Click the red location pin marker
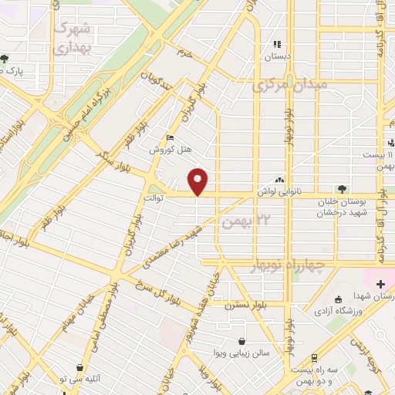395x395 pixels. click(x=198, y=181)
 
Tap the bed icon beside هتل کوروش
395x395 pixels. click(x=170, y=138)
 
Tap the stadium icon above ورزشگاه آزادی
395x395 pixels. click(x=339, y=299)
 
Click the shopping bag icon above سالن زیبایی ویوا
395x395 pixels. click(x=242, y=340)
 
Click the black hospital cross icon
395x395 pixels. click(x=380, y=285)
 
